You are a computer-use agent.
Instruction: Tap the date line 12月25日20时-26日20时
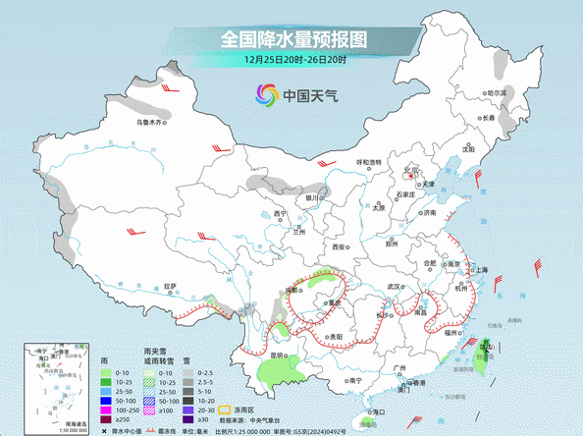(x=292, y=60)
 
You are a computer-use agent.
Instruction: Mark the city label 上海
(x=481, y=269)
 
